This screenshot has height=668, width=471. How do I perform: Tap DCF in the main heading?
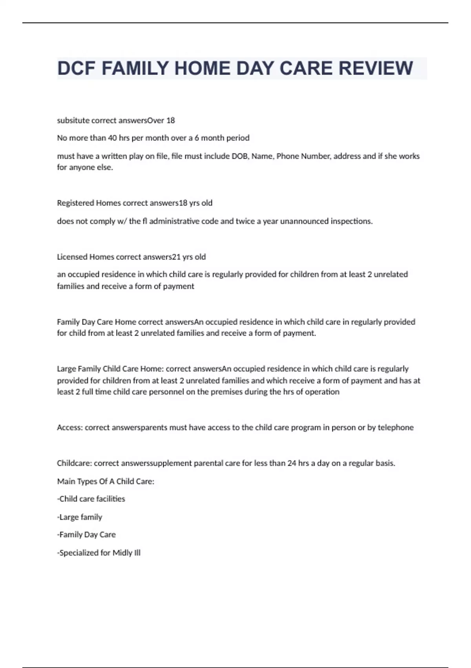point(76,68)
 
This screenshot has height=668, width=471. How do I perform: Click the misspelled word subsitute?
point(73,120)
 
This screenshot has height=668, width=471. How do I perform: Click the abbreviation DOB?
point(239,156)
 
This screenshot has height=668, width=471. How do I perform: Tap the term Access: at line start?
point(70,427)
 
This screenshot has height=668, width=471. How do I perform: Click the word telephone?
point(395,427)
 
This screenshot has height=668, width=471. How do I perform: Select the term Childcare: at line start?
point(74,463)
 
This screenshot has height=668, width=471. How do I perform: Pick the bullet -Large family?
point(80,517)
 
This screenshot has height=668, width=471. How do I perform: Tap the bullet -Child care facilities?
point(91,499)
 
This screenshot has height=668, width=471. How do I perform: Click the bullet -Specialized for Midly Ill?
point(99,552)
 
